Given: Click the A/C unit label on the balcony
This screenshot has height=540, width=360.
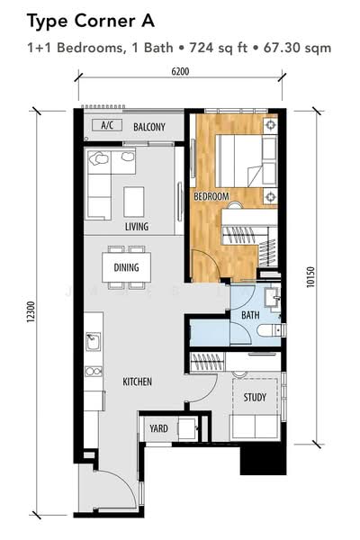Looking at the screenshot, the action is click(107, 125).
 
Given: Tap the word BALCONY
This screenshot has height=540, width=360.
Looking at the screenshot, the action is click(149, 127).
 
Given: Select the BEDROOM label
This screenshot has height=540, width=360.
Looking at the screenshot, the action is click(211, 196).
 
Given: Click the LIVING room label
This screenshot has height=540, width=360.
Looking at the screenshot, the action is click(137, 226).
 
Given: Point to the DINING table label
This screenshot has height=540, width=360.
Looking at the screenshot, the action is click(126, 267).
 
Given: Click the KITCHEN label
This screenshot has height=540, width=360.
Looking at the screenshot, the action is click(137, 382).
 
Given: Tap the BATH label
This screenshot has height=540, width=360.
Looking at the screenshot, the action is click(250, 315).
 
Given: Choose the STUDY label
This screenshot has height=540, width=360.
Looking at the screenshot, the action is click(255, 398).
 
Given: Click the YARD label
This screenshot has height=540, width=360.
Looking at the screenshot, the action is click(158, 428).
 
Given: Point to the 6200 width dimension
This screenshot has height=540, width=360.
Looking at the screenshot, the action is click(180, 71).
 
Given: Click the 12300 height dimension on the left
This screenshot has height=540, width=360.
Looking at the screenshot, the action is click(31, 311).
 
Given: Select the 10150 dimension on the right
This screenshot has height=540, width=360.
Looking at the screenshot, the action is click(310, 277).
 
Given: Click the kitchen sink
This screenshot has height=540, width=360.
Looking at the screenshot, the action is click(94, 342).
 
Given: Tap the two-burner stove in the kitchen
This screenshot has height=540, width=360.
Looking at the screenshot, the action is click(94, 371).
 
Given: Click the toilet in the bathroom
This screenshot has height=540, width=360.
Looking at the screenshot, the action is click(271, 330).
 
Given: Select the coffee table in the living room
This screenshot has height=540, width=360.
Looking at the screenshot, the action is click(134, 202).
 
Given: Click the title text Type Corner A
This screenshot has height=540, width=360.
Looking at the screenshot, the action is click(91, 21).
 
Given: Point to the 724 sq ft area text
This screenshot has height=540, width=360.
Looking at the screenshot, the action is click(219, 48).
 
